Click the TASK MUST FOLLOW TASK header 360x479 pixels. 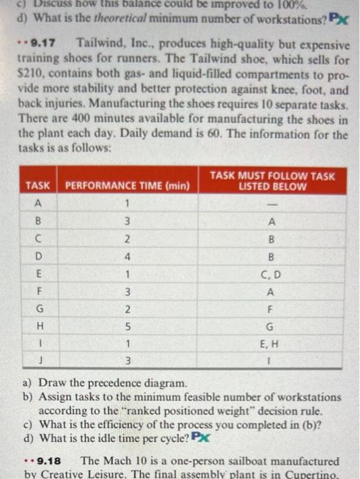[x=272, y=181]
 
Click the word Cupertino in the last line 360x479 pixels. [x=325, y=474]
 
